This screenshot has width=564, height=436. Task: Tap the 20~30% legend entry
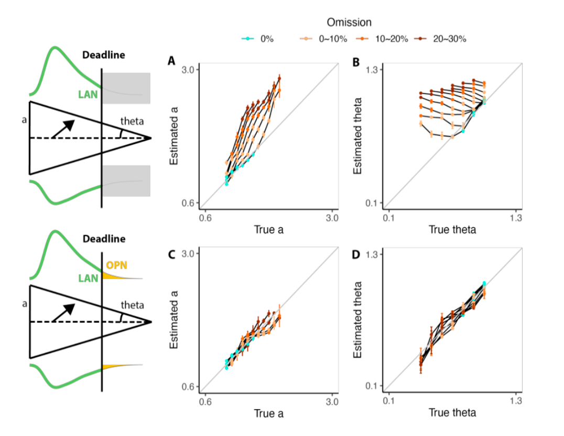click(444, 38)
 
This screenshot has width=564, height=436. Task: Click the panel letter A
click(171, 62)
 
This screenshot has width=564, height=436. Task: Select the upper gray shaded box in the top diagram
click(126, 88)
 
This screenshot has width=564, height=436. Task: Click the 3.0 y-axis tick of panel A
click(188, 70)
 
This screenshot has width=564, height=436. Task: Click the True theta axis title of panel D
click(452, 413)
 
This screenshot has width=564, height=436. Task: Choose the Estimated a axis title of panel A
click(175, 136)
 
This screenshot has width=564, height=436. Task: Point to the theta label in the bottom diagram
click(133, 305)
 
